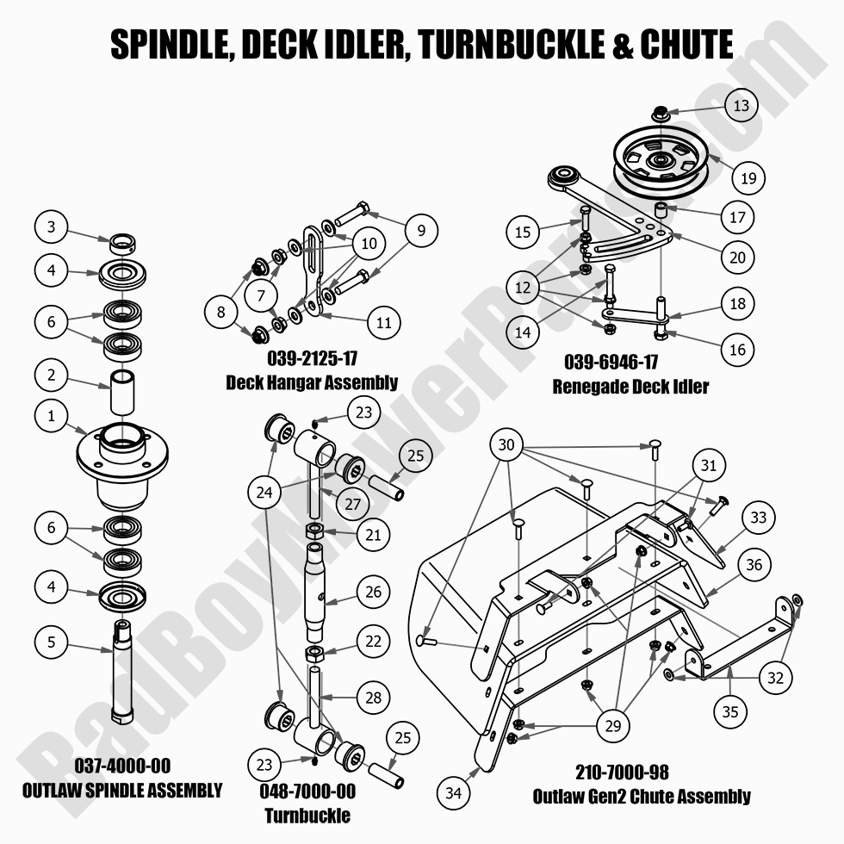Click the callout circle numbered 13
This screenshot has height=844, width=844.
742,106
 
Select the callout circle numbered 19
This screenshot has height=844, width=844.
748,178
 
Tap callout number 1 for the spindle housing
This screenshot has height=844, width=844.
52,417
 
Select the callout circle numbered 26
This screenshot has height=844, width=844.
373,592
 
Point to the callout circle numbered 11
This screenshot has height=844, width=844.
384,323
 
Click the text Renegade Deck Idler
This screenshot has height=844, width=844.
630,386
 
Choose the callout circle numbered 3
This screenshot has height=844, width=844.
52,227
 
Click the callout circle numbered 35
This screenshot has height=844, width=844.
730,711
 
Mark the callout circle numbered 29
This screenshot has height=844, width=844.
612,726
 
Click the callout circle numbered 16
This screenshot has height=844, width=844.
738,349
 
